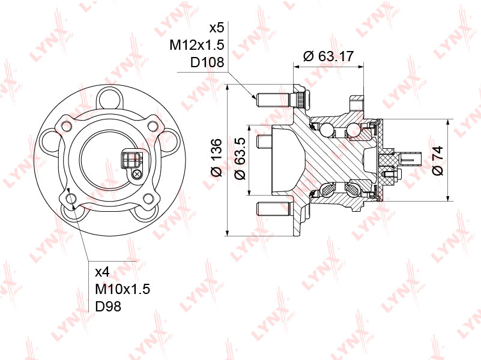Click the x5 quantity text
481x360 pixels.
(216, 28)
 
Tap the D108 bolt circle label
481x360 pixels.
(207, 62)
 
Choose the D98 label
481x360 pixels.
(108, 307)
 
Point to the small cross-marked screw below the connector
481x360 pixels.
(137, 175)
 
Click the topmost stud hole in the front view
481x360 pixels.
(110, 98)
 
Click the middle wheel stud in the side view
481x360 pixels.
(265, 142)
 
